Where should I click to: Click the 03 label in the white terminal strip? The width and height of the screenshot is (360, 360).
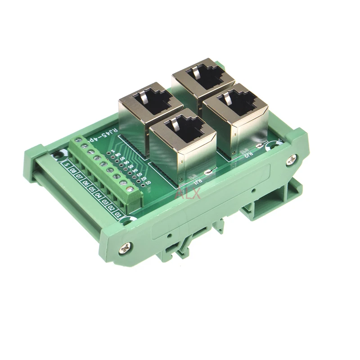pyautogui.click(x=105, y=203)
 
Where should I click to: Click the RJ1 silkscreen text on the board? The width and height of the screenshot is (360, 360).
pyautogui.click(x=197, y=181)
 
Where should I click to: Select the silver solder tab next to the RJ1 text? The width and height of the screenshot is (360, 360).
pyautogui.click(x=207, y=171)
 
